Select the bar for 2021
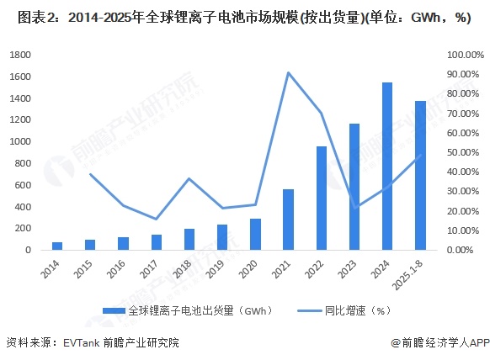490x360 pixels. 288,220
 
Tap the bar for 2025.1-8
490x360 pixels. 419,176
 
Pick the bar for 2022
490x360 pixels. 321,198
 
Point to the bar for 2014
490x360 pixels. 57,246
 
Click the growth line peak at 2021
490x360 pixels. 288,72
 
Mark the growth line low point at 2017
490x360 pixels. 156,219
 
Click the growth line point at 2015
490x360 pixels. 90,174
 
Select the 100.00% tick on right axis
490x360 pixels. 462,55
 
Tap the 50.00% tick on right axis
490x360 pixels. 462,152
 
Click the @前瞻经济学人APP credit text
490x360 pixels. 437,343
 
